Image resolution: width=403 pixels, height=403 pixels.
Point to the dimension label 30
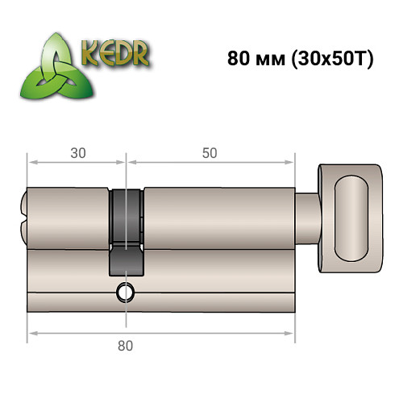pyautogui.click(x=77, y=152)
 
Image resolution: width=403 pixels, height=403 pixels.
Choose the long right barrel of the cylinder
pyautogui.click(x=218, y=216)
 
